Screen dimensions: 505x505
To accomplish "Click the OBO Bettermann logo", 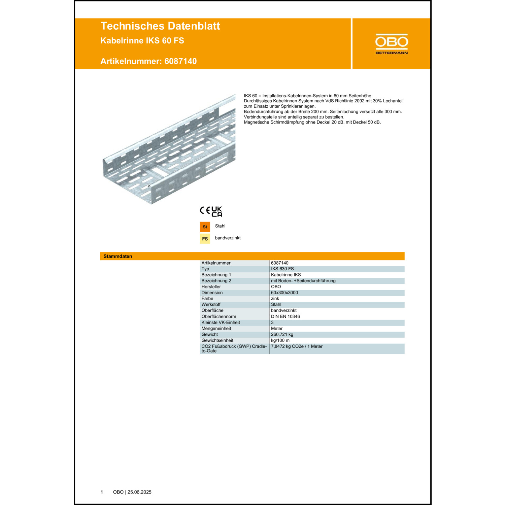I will pos(392,44).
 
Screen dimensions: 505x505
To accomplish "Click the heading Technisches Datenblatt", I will pos(160,26).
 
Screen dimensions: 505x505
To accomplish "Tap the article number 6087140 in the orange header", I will pos(180,61).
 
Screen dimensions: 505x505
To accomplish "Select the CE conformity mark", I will pos(205,210).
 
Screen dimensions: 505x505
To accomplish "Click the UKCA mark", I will pos(217,211).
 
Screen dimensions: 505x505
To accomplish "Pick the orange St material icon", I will pos(205,227).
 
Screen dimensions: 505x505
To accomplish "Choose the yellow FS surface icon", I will pos(205,239).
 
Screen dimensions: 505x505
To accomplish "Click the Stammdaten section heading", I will pos(117,256).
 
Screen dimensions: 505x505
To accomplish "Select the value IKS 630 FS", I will pos(282,269).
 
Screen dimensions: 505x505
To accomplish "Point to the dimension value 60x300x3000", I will pos(284,293).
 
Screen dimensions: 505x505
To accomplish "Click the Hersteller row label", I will pos(211,287).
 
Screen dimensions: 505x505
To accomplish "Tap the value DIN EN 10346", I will pos(285,316).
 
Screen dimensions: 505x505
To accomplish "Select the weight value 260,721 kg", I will pos(282,335).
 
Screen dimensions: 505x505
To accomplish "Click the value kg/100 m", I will pos(280,340).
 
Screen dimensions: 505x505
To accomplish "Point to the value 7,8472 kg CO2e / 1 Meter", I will pos(297,346).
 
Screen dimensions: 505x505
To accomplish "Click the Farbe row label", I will pos(207,299).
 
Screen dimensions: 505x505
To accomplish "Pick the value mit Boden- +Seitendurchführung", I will pos(303,281).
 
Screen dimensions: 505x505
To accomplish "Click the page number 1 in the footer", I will pos(102,492).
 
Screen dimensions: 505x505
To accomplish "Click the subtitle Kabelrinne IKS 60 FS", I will pos(142,41).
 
